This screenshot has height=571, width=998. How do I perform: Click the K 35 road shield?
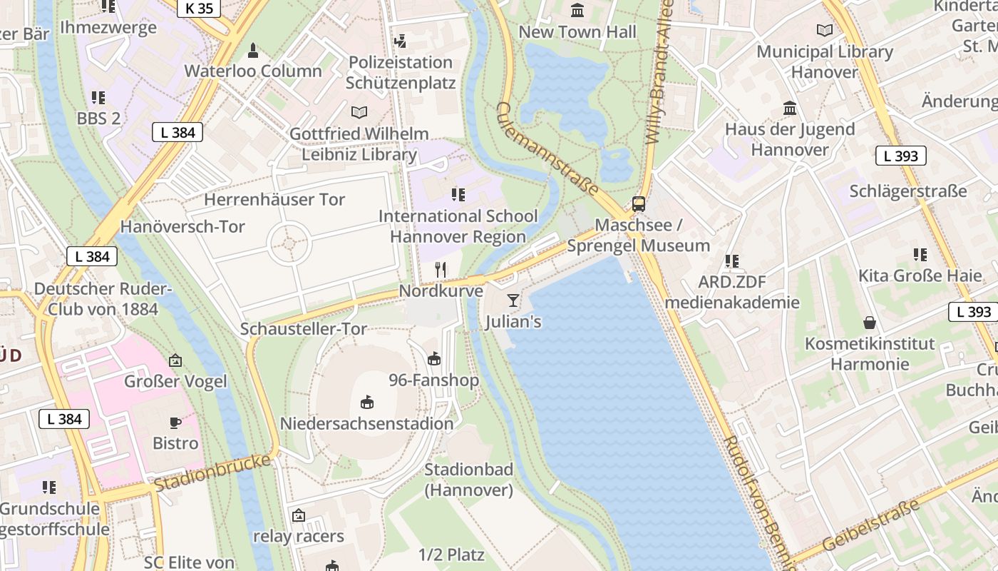(x=198, y=9)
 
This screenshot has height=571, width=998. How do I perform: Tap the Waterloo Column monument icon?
(x=252, y=51)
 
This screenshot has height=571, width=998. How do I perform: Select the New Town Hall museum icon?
(x=577, y=11)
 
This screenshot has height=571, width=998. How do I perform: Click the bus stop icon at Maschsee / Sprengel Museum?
(x=639, y=204)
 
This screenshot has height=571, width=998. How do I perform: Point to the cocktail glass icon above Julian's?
(x=513, y=300)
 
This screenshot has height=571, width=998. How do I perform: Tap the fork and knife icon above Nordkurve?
(x=441, y=270)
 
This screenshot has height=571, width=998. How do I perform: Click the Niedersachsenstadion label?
(x=366, y=423)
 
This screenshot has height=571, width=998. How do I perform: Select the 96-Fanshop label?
(x=433, y=380)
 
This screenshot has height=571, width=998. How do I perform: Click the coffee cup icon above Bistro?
(x=175, y=423)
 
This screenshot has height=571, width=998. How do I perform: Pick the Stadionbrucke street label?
(x=212, y=473)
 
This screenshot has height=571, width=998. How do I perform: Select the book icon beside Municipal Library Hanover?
(x=825, y=31)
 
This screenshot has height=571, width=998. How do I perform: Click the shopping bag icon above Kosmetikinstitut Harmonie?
(x=870, y=323)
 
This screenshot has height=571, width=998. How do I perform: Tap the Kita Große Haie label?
(x=920, y=276)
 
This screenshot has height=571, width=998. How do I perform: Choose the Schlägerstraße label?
(x=907, y=191)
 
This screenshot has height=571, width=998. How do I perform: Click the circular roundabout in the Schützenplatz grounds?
(x=289, y=244)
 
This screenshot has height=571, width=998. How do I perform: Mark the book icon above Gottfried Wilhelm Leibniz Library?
(x=359, y=112)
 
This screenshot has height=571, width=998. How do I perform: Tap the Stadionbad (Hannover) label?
(x=468, y=480)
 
